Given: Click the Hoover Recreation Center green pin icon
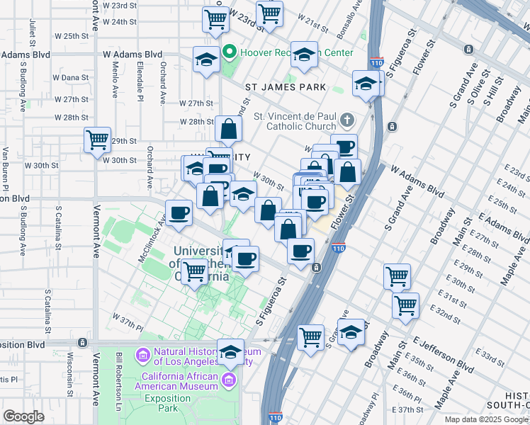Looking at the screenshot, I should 229,52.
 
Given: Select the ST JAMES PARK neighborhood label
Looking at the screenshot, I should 286,87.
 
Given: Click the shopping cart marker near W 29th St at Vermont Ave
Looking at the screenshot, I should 97,140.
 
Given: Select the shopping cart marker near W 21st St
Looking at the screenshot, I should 269,13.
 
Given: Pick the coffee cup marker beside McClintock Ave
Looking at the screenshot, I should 179,212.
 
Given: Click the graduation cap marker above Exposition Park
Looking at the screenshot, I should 230,351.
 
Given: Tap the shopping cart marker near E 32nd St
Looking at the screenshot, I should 405,305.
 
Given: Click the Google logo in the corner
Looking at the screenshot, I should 23,416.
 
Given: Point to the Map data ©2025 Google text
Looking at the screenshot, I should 486,419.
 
